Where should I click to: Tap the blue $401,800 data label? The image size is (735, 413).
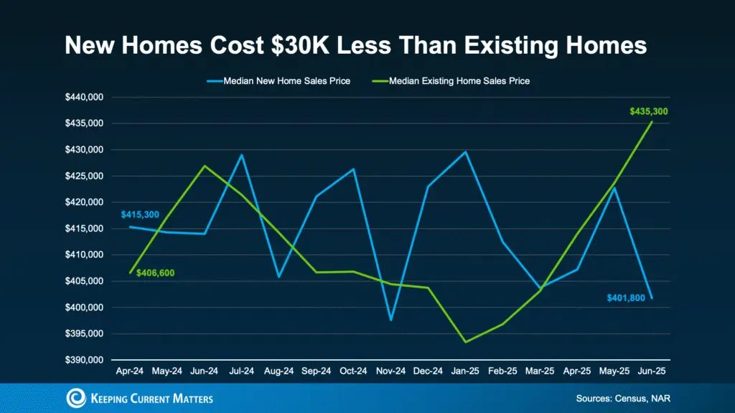tap(625, 296)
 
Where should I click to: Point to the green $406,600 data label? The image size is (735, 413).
tap(155, 273)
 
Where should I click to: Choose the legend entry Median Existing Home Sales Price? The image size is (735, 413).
tap(459, 81)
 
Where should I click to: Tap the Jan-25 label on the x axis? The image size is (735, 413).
tap(465, 373)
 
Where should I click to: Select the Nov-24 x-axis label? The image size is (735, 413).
tap(390, 373)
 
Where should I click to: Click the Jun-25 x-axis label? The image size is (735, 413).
tap(652, 373)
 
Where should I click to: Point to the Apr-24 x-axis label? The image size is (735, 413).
tap(130, 373)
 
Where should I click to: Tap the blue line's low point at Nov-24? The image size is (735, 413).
tap(391, 320)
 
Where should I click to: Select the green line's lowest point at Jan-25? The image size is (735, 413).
tap(466, 341)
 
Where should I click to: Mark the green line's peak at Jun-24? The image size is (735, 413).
tap(205, 166)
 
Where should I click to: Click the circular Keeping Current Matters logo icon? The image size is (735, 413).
tap(76, 398)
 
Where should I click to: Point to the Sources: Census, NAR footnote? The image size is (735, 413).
tap(622, 398)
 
